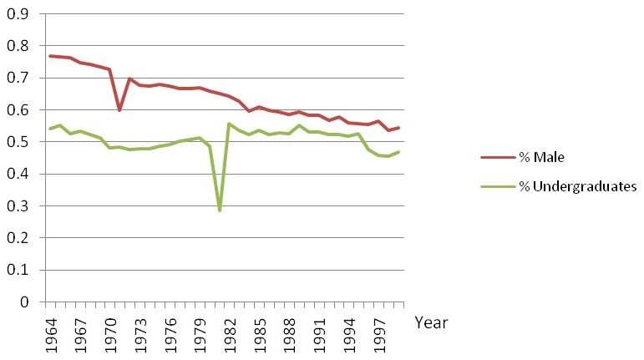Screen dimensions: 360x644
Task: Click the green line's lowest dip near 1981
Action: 220,210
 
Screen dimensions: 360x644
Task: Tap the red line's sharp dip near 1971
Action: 119,110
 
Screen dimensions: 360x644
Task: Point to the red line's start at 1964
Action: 50,56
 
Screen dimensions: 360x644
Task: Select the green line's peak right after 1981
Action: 230,124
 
